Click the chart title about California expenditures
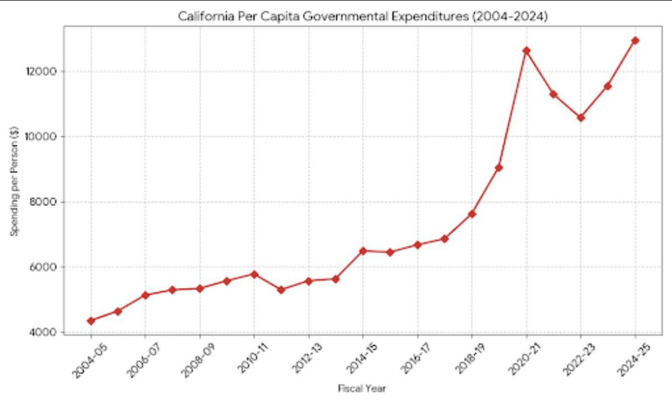coord(363,17)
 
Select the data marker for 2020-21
coord(526,51)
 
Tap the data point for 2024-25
coord(635,40)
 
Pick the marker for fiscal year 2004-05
coord(91,321)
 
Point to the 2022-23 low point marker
coord(581,118)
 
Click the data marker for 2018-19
coord(472,214)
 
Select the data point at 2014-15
coord(363,251)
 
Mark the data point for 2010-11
coord(254,274)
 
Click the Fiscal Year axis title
coord(362,388)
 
